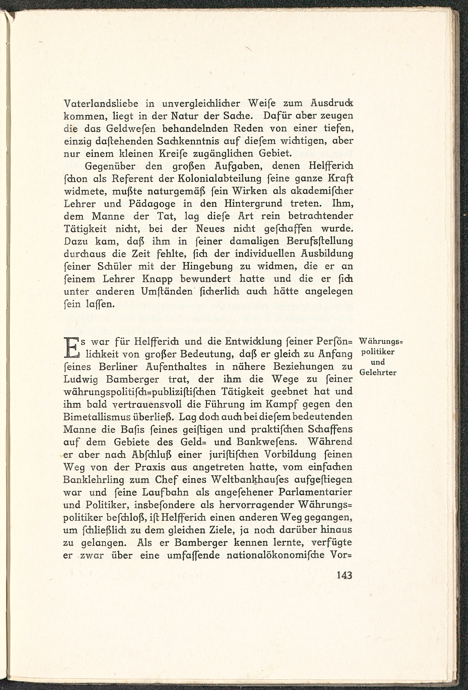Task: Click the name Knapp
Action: tap(158, 279)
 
